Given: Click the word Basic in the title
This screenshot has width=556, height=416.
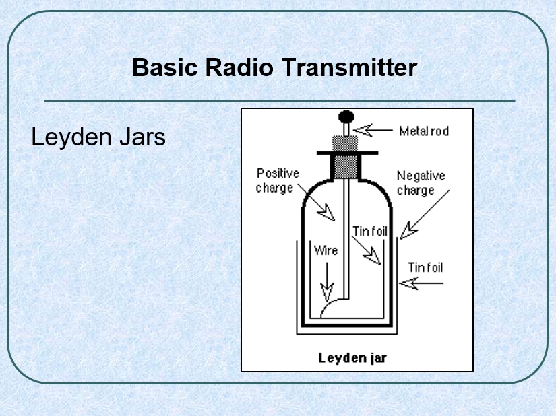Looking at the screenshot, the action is click(x=164, y=67).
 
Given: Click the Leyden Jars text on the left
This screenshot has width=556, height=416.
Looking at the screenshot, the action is click(x=98, y=137).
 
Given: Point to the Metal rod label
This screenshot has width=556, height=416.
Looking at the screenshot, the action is click(x=424, y=131).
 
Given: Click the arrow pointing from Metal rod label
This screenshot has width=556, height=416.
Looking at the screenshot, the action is click(x=373, y=130).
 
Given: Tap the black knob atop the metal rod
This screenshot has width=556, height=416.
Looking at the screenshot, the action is click(x=346, y=116).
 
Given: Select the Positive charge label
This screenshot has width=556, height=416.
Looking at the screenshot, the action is click(x=278, y=180).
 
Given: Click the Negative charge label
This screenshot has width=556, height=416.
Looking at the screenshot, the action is click(x=421, y=183).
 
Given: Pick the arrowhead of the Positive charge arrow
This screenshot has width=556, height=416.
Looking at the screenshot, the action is click(x=327, y=213).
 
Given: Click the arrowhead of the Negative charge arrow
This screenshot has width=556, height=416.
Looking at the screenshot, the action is click(x=408, y=231).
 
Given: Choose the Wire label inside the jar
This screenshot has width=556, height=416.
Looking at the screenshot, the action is click(x=326, y=250).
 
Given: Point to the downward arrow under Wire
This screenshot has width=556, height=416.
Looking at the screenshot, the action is click(x=327, y=282).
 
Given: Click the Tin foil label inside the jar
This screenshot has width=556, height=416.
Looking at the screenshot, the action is click(x=370, y=232).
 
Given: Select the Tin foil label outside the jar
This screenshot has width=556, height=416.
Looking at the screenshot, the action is click(x=425, y=267).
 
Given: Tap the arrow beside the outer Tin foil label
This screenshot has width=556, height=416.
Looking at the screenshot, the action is click(x=421, y=283).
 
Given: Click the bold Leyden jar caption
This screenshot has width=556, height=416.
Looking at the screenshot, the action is click(x=352, y=358).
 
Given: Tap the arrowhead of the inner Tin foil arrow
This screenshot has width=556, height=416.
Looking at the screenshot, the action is click(x=372, y=256).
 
